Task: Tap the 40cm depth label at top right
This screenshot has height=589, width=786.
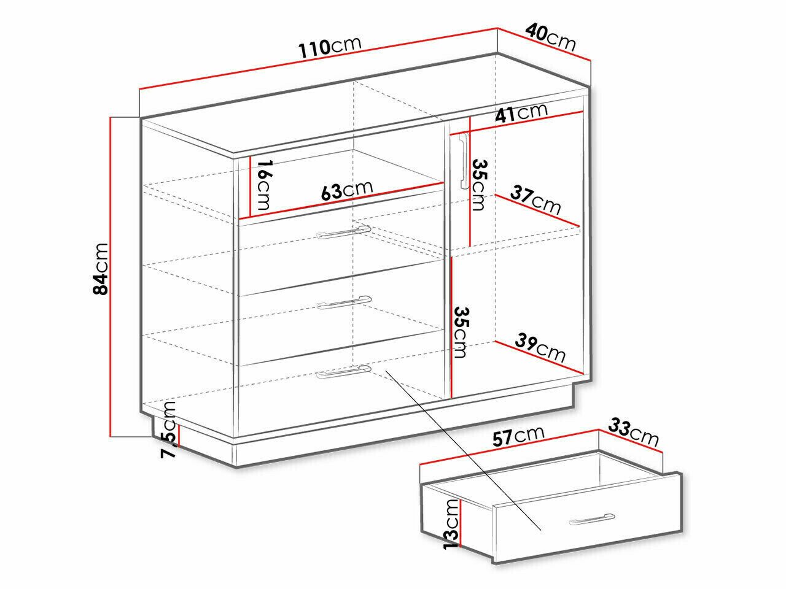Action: point(551,37)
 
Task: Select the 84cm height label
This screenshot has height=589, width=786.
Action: point(100,269)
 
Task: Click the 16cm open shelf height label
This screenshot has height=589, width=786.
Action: point(264,185)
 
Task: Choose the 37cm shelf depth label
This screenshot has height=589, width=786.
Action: point(535,199)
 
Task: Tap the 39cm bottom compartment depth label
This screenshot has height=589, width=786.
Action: point(540,348)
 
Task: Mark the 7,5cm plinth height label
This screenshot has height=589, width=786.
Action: point(168,429)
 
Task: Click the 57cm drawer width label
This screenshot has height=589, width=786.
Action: point(518,436)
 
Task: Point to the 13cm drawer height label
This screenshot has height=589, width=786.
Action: point(451,524)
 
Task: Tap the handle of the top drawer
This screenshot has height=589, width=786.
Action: point(344,232)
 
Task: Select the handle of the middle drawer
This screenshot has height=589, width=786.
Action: point(344,302)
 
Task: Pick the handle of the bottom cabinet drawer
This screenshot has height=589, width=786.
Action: point(344,372)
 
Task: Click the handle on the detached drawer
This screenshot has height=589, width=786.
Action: point(591,519)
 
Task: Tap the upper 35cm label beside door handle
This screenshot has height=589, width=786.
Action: point(479,185)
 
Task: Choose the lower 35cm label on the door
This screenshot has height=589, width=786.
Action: point(460,332)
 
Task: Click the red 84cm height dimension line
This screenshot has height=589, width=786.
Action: point(111,277)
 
